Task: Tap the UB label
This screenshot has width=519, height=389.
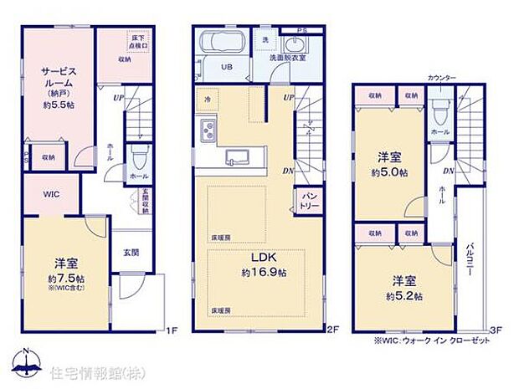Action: pos(226,68)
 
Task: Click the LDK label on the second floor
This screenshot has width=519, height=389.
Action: pos(258,258)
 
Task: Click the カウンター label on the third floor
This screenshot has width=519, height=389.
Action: pos(441,77)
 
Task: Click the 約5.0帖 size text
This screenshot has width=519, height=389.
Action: pos(391,171)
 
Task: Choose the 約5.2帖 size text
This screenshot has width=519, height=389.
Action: pos(404,296)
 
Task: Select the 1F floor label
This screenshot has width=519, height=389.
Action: pos(172,329)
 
